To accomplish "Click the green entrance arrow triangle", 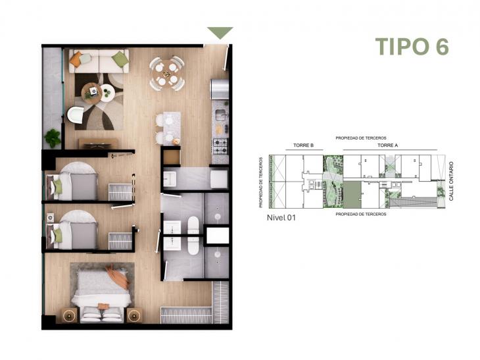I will pyautogui.click(x=220, y=32).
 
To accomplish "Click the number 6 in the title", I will pyautogui.click(x=441, y=47).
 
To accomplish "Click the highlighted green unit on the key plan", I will pyautogui.click(x=352, y=195).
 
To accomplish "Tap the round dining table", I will pyautogui.click(x=166, y=73).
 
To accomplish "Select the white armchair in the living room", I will pyautogui.click(x=76, y=115).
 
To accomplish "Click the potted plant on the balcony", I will pyautogui.click(x=53, y=138).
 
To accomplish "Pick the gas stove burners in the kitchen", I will pyautogui.click(x=219, y=146).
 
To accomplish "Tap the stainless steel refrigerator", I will pyautogui.click(x=219, y=88).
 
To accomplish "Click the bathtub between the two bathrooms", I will pyautogui.click(x=194, y=235).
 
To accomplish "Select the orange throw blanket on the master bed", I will pyautogui.click(x=118, y=276).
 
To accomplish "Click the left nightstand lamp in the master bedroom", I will pyautogui.click(x=69, y=315).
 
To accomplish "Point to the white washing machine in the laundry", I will pyautogui.click(x=218, y=179).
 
